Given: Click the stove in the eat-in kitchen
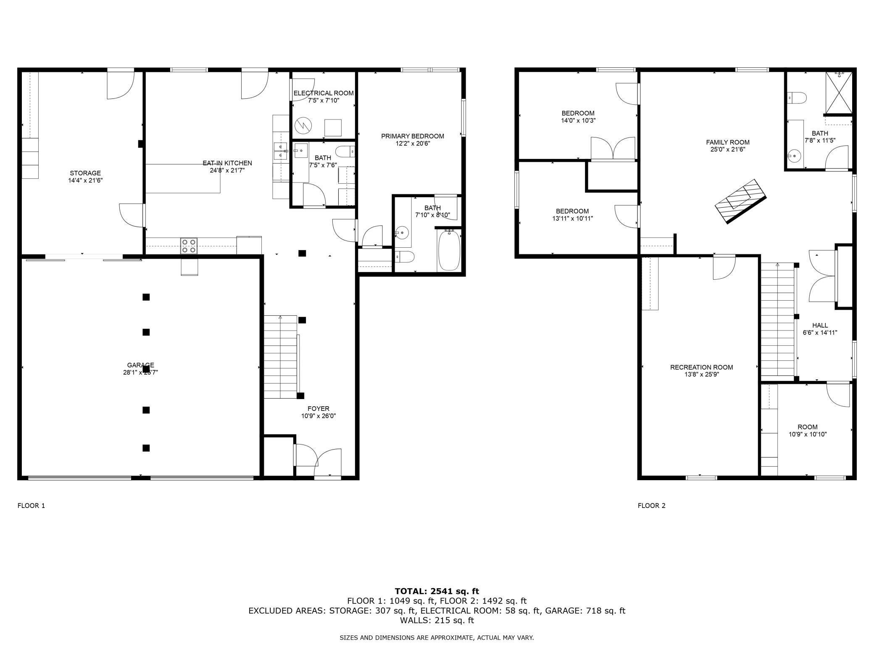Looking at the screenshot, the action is [189, 246].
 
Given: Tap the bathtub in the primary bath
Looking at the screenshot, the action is [449, 250].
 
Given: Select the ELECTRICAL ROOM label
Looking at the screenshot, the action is [324, 93].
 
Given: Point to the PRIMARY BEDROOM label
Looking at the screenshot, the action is [413, 136].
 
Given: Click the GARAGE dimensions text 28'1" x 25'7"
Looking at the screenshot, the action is [141, 372].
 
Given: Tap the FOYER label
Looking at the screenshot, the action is [319, 409].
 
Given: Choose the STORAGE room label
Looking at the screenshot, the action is [85, 173].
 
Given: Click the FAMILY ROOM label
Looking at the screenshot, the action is [728, 143].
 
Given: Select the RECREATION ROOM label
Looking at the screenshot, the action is [702, 368].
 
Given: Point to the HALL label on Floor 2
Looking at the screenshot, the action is [820, 325].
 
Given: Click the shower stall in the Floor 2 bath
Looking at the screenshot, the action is [839, 93].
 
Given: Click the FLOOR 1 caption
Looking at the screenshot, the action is [31, 506].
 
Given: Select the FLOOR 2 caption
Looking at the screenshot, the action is [652, 506].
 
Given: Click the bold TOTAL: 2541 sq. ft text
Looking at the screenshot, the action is [437, 592].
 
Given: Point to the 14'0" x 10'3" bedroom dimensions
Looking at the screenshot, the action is [578, 120].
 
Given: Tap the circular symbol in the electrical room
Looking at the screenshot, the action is [303, 125].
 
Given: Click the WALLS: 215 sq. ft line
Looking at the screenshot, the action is [437, 620].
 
